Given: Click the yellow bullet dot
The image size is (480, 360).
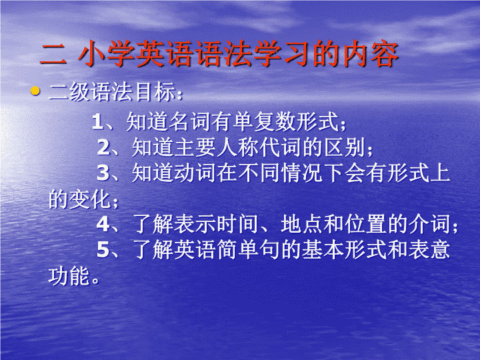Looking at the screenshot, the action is [35, 91].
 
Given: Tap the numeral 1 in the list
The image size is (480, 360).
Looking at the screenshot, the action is [97, 121].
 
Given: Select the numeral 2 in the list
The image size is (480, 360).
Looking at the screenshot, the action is [103, 147].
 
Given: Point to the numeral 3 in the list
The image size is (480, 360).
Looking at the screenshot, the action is [103, 173].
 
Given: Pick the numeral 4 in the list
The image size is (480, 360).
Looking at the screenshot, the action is [103, 224].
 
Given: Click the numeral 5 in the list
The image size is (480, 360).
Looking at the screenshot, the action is [103, 250].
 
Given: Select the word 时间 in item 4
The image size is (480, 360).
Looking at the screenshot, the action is [237, 224].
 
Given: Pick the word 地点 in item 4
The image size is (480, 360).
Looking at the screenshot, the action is [301, 224].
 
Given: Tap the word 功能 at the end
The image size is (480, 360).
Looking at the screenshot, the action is [69, 276].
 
